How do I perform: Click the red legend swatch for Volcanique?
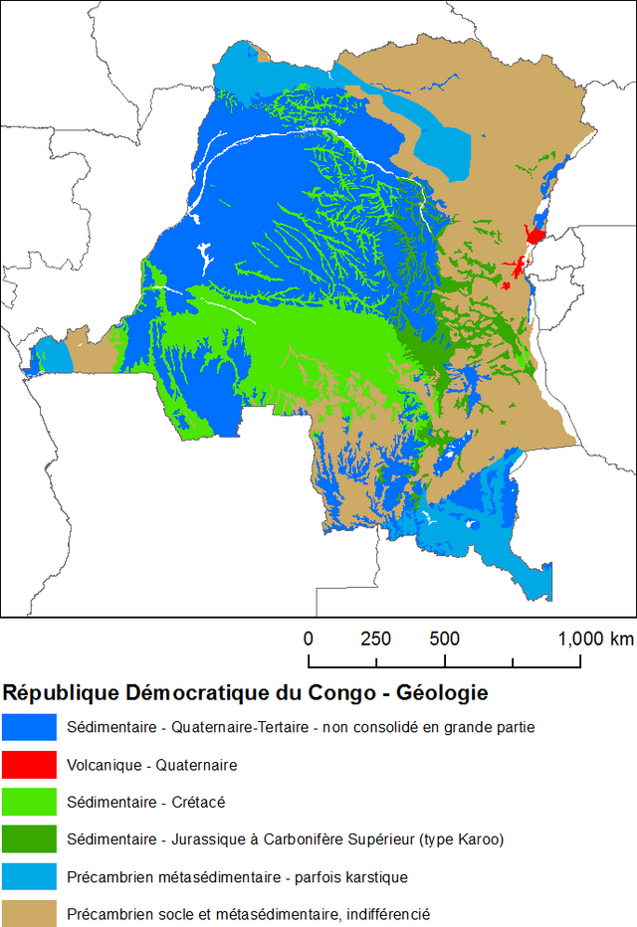(29, 765)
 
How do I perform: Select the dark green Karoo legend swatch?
(29, 838)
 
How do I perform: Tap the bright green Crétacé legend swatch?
(29, 802)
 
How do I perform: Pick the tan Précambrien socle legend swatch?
(29, 912)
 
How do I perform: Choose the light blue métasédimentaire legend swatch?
(29, 875)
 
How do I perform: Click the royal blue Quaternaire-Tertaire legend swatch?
(29, 727)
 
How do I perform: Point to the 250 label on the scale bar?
(375, 639)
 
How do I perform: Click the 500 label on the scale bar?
(444, 639)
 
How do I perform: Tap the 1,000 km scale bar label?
(595, 639)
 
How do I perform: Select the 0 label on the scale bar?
(309, 639)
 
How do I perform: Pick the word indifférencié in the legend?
(387, 913)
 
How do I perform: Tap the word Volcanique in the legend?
(104, 765)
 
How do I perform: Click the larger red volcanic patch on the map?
(535, 237)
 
